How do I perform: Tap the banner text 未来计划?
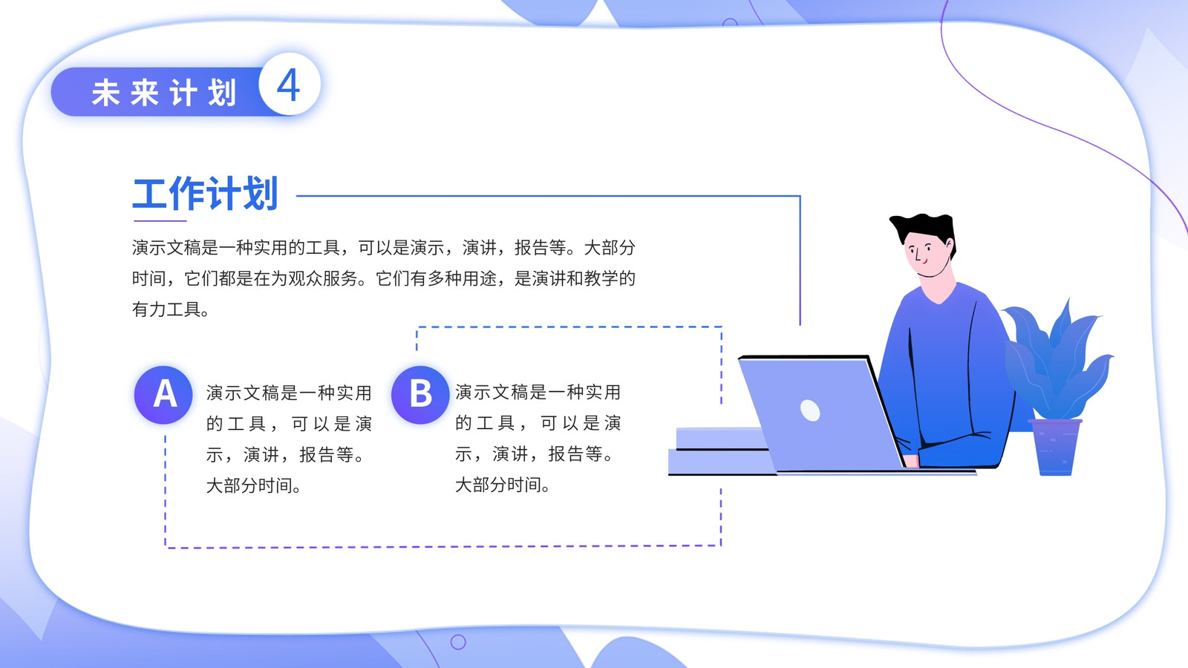[x=164, y=93]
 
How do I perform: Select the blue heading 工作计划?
[x=205, y=193]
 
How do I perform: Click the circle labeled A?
[x=163, y=394]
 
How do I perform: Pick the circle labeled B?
[x=420, y=394]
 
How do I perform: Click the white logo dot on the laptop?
[x=810, y=410]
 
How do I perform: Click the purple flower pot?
[x=1055, y=447]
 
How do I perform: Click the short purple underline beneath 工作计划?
[x=160, y=220]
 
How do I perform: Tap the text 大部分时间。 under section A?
[x=253, y=485]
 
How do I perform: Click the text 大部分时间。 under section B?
[x=502, y=485]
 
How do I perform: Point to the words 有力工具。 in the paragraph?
[x=170, y=309]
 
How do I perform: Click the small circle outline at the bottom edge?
[x=458, y=642]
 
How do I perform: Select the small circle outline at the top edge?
[x=730, y=22]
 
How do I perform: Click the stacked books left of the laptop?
[x=719, y=451]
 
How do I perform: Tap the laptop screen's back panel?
[x=820, y=413]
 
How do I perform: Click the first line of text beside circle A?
[x=289, y=393]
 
